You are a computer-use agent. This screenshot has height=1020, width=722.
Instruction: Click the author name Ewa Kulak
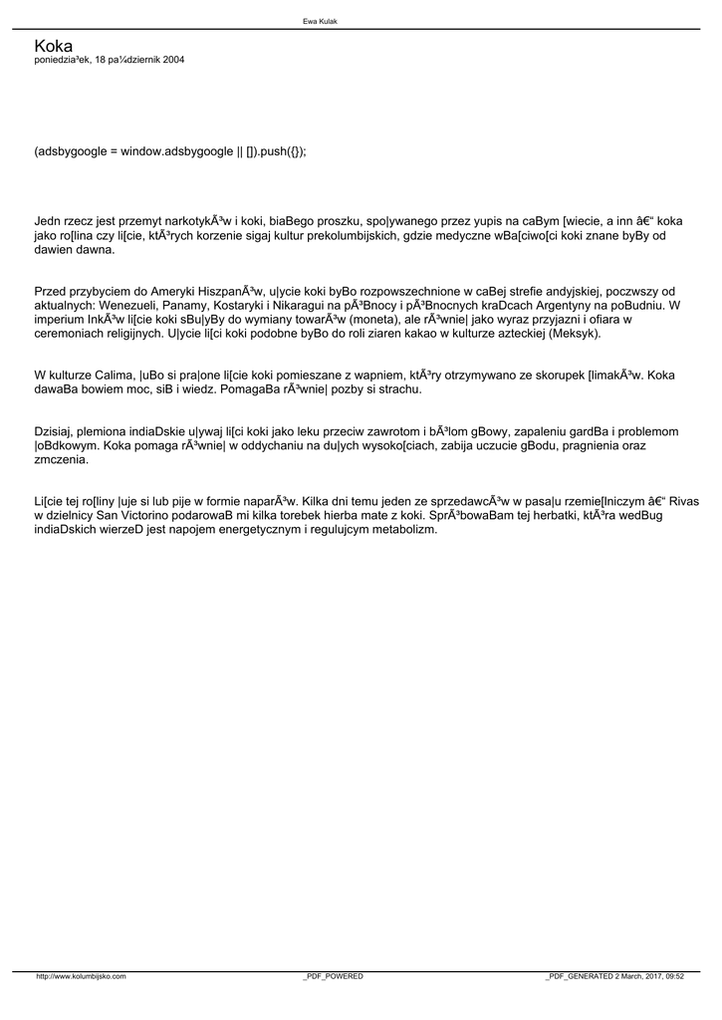point(320,20)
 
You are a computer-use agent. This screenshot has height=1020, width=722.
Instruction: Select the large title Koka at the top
point(54,46)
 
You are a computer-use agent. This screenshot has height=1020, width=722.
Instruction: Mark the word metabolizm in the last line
point(404,529)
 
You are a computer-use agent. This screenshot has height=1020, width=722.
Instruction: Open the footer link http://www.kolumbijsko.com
point(81,977)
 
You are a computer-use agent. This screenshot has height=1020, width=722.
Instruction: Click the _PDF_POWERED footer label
point(333,977)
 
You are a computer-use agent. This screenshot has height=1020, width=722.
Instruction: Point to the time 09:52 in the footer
point(673,977)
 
